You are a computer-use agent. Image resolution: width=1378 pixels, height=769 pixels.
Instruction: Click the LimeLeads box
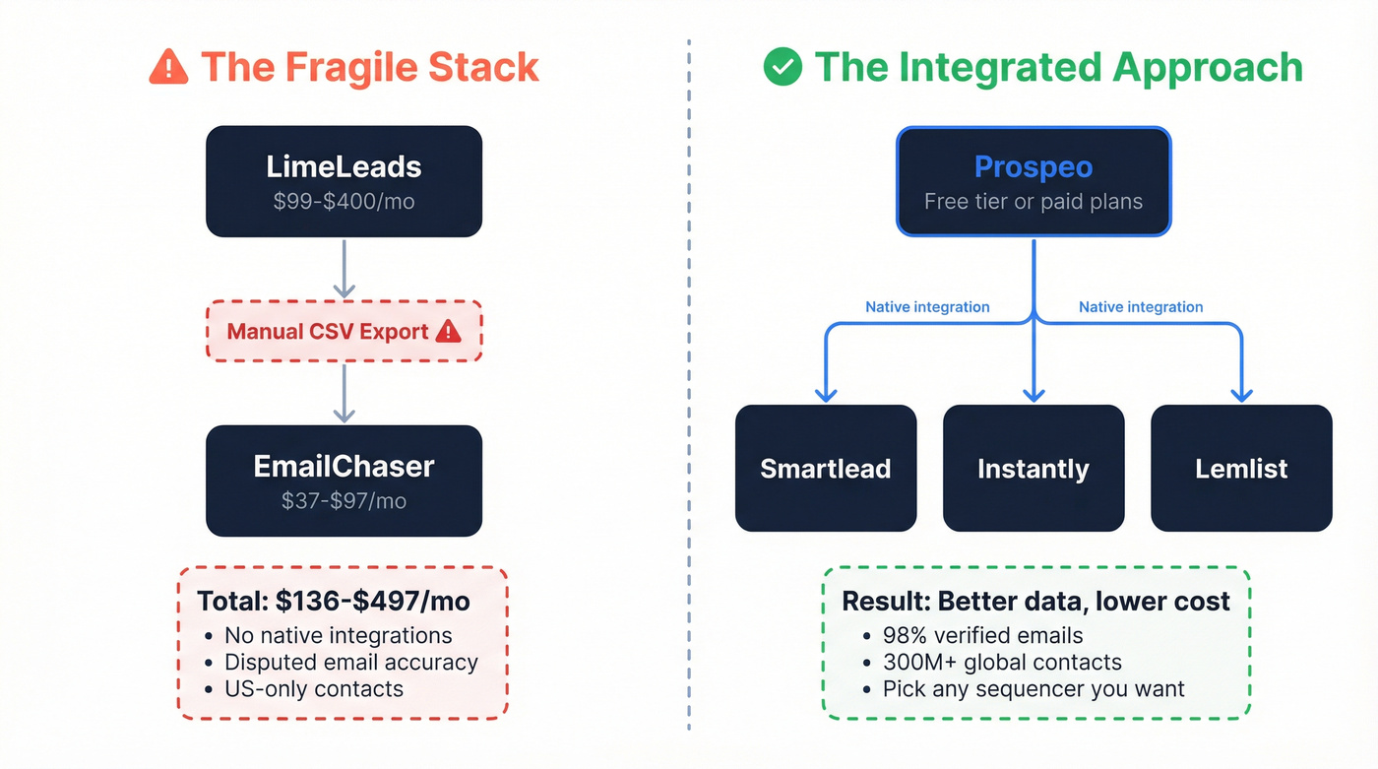click(344, 181)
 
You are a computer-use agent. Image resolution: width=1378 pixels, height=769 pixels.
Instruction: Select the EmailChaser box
click(344, 481)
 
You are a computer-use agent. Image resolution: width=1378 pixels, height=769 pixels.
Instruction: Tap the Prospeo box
click(1033, 181)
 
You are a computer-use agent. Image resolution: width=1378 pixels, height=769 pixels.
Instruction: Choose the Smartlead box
click(826, 468)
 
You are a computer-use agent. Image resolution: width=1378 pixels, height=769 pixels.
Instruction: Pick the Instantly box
click(1033, 468)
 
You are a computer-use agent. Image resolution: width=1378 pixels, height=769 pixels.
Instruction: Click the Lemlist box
click(1241, 468)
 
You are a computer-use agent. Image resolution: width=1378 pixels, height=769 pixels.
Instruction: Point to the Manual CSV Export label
click(328, 331)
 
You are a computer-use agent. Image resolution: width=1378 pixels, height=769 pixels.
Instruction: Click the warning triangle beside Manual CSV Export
click(448, 331)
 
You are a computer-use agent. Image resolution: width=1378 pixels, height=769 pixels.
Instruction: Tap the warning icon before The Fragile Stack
click(168, 67)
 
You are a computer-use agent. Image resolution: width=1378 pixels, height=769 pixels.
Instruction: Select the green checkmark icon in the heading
click(783, 67)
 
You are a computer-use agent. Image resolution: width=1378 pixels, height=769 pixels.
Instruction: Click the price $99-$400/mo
click(344, 202)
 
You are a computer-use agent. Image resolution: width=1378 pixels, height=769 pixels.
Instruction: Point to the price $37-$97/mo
click(344, 500)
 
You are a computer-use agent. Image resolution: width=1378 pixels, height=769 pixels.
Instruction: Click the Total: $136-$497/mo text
click(334, 601)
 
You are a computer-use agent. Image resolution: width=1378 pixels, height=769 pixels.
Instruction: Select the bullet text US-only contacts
click(314, 688)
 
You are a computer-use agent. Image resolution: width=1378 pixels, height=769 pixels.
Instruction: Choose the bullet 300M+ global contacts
click(1002, 662)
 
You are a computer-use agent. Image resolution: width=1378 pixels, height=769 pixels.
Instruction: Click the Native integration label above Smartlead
click(927, 307)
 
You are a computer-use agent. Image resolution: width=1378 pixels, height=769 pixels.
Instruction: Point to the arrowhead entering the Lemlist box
click(1241, 394)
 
